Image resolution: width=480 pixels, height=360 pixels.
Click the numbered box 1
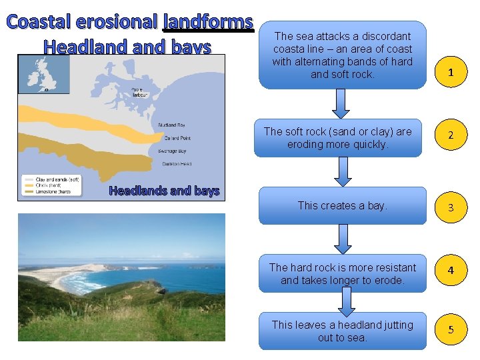[x=451, y=72]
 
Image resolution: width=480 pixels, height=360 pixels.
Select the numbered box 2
[x=451, y=135]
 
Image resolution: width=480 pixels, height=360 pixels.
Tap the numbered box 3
[x=451, y=207]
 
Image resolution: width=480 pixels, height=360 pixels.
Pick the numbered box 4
[x=451, y=270]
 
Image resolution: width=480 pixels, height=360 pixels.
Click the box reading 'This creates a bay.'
[x=342, y=205]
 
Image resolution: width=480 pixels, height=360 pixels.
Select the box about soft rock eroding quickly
[x=338, y=138]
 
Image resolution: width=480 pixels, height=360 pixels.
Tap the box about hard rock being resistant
[x=342, y=273]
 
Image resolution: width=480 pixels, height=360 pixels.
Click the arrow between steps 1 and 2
[x=341, y=103]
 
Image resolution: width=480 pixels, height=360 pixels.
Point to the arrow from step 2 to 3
[x=342, y=171]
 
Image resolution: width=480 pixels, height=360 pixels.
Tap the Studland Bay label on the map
[x=171, y=125]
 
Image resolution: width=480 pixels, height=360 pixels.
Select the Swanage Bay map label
[x=172, y=151]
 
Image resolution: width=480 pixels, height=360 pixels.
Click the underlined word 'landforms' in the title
[x=209, y=22]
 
